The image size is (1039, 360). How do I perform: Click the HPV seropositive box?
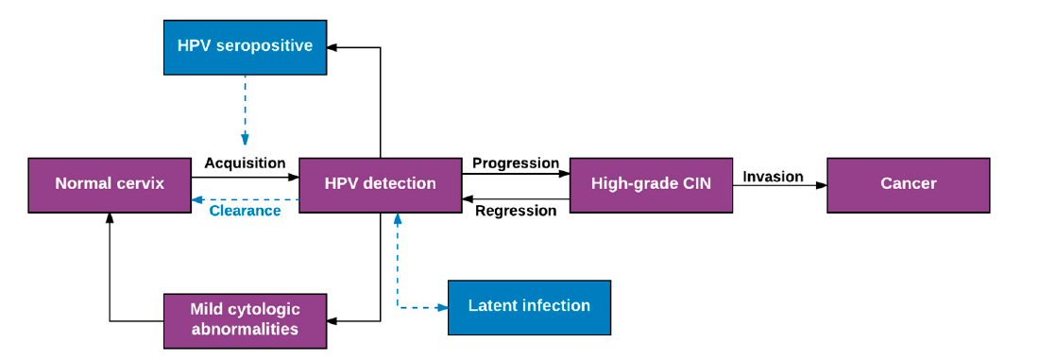click(245, 45)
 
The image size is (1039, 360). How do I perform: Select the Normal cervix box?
click(110, 184)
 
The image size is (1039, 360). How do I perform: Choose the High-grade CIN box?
click(651, 184)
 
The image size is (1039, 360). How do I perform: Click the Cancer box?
click(908, 184)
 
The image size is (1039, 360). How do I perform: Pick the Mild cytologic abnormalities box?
click(245, 320)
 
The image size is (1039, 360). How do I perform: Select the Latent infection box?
click(529, 306)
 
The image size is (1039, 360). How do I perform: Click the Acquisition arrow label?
click(245, 163)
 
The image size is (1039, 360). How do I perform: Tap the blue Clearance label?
click(245, 211)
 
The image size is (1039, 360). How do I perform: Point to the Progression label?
click(516, 163)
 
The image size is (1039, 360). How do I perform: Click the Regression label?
click(516, 211)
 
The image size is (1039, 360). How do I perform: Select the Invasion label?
click(773, 177)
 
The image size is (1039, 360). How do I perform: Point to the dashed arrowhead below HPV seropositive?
click(245, 140)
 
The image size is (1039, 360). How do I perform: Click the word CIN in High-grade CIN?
click(694, 184)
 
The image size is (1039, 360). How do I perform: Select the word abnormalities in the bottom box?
click(245, 330)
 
